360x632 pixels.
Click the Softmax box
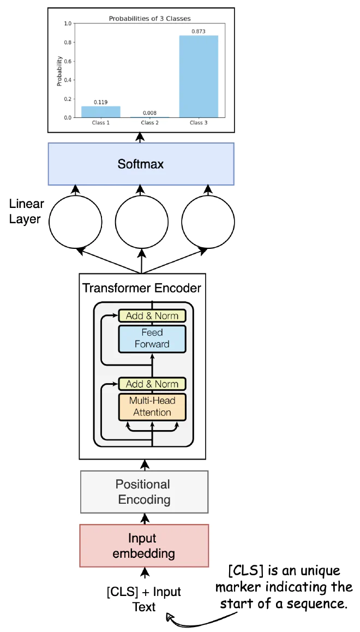click(141, 164)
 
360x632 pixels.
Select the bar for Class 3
click(199, 76)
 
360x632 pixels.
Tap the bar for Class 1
click(101, 112)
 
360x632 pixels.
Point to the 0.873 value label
click(199, 31)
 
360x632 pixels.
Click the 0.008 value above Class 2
click(150, 113)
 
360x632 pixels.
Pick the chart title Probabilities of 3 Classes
click(150, 19)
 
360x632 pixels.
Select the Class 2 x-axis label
click(150, 123)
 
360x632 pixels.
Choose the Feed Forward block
click(152, 338)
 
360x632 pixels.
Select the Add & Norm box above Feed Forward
click(152, 315)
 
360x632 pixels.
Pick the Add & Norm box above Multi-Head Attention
click(152, 384)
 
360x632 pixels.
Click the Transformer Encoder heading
click(141, 289)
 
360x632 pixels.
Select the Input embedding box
click(144, 546)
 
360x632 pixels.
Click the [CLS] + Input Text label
click(144, 599)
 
